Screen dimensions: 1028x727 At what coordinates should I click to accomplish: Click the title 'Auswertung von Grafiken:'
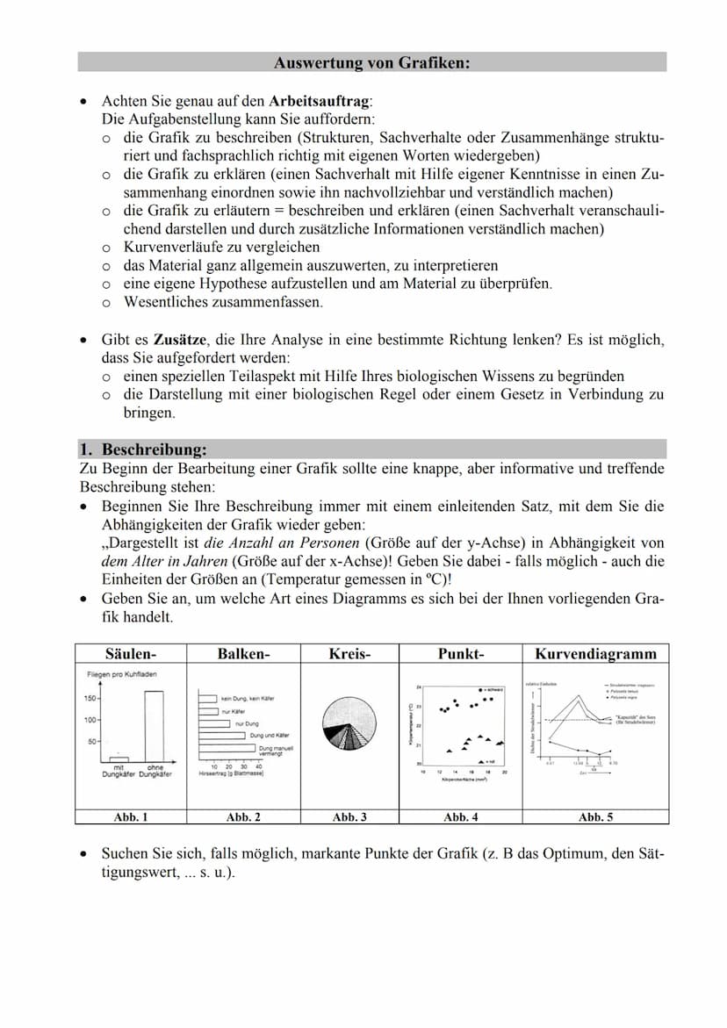[371, 62]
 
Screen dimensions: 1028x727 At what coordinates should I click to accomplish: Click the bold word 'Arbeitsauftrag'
[320, 101]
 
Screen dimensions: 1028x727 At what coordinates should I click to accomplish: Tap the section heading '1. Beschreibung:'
[143, 450]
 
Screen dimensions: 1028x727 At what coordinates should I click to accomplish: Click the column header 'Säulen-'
[131, 653]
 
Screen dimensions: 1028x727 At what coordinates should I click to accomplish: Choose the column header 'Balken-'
[243, 653]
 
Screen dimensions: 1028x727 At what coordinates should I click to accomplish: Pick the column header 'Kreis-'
[349, 653]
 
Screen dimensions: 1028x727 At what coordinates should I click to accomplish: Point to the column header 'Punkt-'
[461, 653]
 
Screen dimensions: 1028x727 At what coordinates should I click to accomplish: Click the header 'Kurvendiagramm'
[595, 653]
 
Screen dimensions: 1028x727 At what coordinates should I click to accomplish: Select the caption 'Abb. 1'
[131, 816]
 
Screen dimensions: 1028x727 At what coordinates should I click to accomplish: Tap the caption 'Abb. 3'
[349, 816]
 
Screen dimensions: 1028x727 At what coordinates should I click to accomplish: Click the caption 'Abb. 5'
[595, 816]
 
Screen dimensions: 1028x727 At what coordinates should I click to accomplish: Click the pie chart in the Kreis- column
[349, 722]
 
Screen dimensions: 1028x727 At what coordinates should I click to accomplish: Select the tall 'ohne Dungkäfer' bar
[154, 727]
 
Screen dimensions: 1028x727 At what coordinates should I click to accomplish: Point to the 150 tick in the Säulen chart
[90, 698]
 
